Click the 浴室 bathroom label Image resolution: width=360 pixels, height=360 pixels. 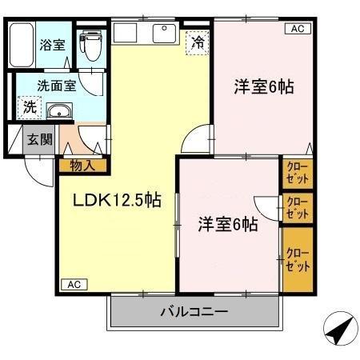pyautogui.click(x=53, y=46)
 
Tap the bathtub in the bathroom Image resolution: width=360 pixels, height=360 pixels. pyautogui.click(x=22, y=46)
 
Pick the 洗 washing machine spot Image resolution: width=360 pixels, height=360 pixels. pyautogui.click(x=28, y=106)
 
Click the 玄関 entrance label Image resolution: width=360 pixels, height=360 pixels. pyautogui.click(x=37, y=139)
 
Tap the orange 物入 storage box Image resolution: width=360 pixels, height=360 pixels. pyautogui.click(x=82, y=166)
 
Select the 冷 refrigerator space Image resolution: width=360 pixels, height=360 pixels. pyautogui.click(x=196, y=42)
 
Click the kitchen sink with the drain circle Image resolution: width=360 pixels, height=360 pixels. pyautogui.click(x=165, y=34)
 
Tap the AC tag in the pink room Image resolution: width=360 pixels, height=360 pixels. pyautogui.click(x=296, y=29)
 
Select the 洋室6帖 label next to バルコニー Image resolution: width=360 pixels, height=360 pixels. pyautogui.click(x=227, y=224)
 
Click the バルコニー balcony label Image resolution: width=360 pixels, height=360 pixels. pyautogui.click(x=194, y=312)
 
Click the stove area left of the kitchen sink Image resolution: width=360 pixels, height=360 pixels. pyautogui.click(x=126, y=34)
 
